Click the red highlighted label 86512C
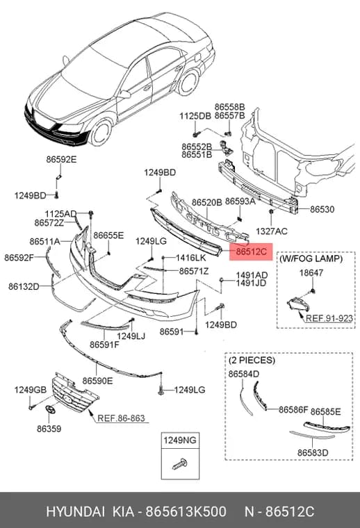coord(251,251)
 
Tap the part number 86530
coord(322,209)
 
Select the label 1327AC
coord(272,231)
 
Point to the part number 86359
coord(49,429)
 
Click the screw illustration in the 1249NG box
coord(180,464)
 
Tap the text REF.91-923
coord(329,318)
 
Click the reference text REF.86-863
coord(121,418)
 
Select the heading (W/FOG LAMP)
coord(311,258)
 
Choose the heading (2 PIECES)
coord(252,361)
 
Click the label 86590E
coord(98,381)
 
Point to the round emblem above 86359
coord(50,411)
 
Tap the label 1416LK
coord(190,258)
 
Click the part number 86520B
coord(207,202)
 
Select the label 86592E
coord(61,160)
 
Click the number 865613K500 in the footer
coord(186,512)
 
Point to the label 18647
coord(311,273)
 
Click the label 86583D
coord(313,452)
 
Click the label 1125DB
coord(195,116)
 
